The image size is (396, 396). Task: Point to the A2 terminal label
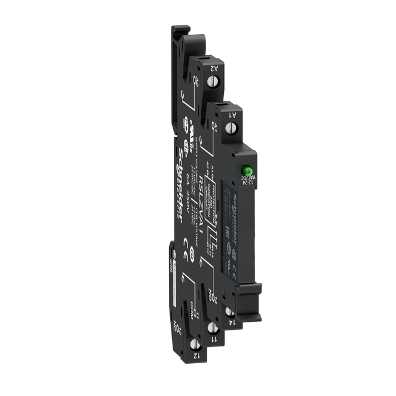(213, 70)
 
